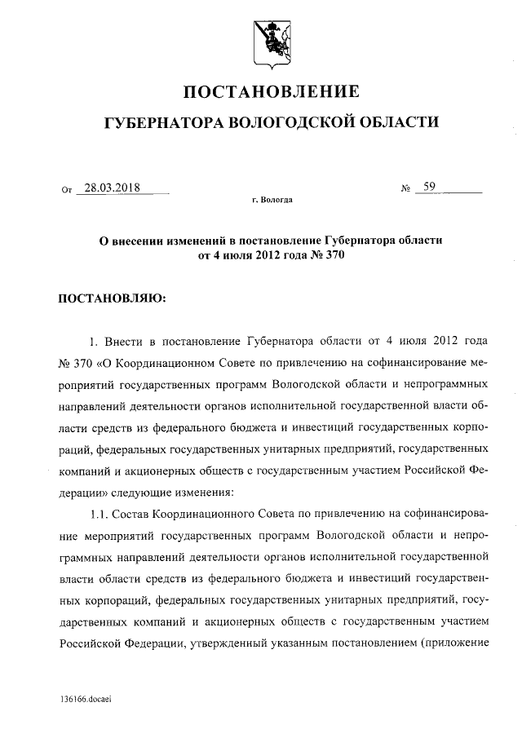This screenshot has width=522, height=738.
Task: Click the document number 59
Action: [x=429, y=188]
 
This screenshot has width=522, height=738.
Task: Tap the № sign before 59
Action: [x=405, y=190]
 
